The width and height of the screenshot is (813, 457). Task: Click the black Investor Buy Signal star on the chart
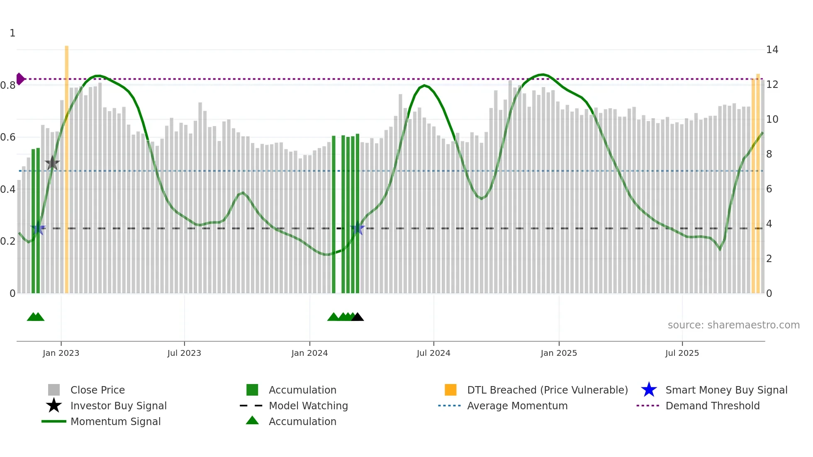coord(52,163)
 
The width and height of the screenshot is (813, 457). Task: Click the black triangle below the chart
coord(358,317)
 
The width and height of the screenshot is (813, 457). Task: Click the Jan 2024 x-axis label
coord(309,353)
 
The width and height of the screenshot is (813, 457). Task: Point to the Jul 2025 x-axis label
coord(682,353)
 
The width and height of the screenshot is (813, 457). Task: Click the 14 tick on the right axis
coord(772,50)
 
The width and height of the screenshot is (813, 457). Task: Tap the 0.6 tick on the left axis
coord(8,137)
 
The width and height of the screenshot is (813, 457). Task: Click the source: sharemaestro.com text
coord(733,325)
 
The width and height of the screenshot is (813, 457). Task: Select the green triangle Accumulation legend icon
coord(252,421)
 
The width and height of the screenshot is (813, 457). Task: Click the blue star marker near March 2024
coord(358,228)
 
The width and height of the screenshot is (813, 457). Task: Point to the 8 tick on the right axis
coord(769,154)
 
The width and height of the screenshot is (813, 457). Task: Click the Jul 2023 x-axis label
coord(184,353)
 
